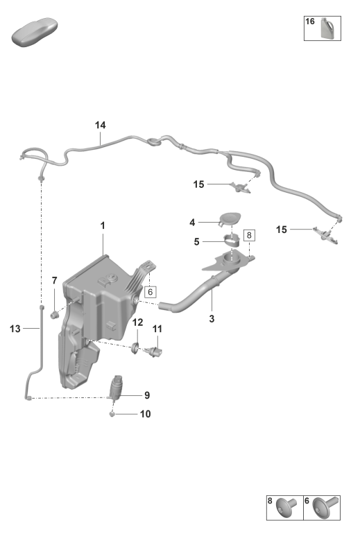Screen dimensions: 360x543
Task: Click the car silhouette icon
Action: [34, 32]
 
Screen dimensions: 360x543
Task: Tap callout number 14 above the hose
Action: [100, 125]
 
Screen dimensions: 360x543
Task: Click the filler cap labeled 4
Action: [230, 218]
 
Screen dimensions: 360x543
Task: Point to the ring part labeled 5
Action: [231, 239]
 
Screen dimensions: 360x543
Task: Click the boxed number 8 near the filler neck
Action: [249, 236]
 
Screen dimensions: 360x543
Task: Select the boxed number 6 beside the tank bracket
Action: [150, 292]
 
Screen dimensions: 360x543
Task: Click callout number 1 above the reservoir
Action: [103, 226]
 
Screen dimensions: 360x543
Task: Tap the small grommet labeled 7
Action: [54, 315]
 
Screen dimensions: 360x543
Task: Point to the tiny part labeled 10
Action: [112, 413]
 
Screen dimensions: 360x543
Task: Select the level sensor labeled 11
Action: [155, 352]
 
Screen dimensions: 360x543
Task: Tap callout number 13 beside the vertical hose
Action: [15, 329]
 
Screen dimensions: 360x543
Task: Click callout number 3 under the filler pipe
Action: [212, 318]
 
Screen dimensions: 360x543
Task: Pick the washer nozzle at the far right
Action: [326, 236]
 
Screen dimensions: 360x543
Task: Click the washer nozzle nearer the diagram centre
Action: [240, 188]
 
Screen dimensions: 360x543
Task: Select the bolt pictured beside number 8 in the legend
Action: [286, 507]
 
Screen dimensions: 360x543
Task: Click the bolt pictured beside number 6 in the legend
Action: [325, 506]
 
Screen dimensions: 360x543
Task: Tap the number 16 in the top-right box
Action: [310, 21]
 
